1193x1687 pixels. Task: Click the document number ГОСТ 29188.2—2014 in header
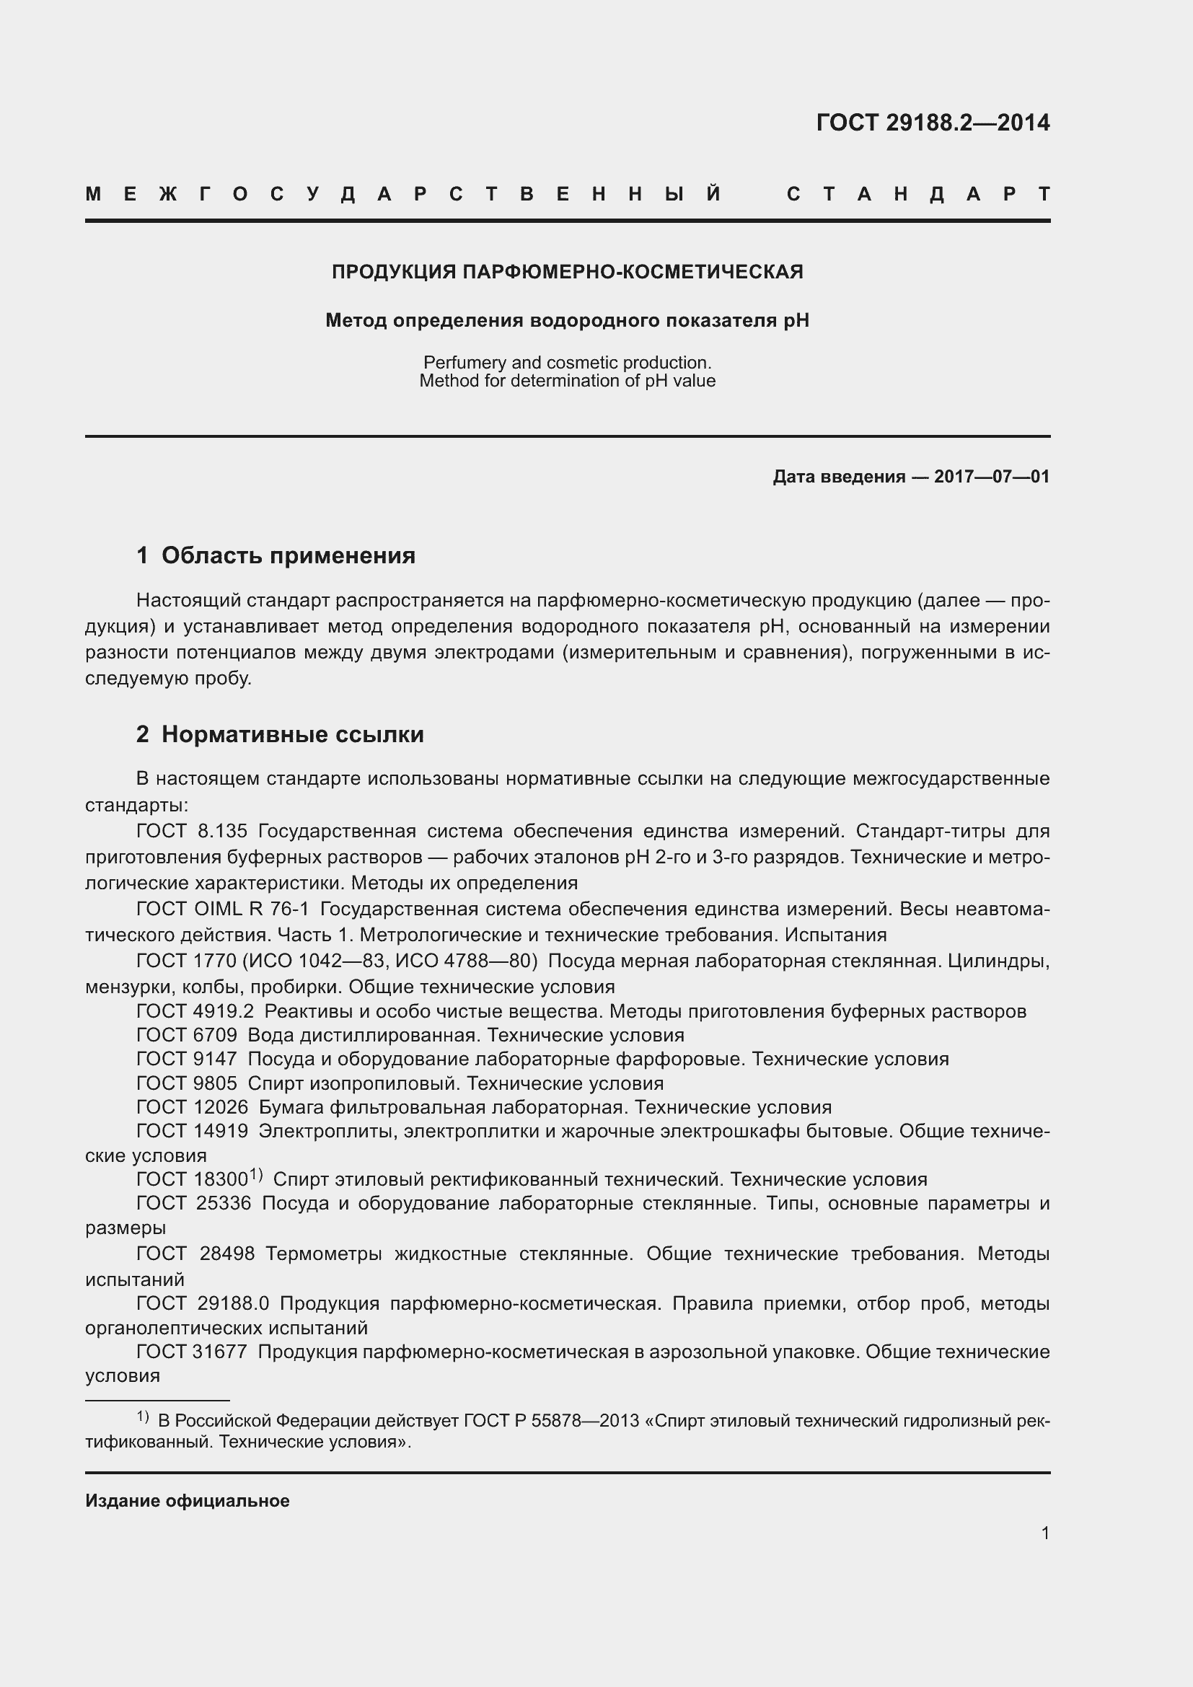point(932,123)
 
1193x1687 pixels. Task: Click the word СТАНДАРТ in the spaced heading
point(917,195)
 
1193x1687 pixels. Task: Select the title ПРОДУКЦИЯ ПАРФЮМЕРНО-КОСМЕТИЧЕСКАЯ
point(567,272)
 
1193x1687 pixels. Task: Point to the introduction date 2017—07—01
point(991,477)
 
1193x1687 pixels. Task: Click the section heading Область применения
point(288,555)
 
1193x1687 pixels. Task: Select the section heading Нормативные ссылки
point(292,734)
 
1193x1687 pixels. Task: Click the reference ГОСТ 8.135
point(192,831)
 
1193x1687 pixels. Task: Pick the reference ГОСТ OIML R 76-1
point(223,909)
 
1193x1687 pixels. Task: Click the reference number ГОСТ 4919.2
point(195,1011)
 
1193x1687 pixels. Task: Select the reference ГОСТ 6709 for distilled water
point(187,1035)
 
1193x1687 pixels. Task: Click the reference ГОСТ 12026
point(192,1107)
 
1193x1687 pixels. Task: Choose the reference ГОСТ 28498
point(195,1254)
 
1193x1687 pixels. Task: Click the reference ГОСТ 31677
point(192,1352)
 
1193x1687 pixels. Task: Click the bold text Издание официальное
point(188,1501)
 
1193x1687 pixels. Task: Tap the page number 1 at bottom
point(1044,1533)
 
